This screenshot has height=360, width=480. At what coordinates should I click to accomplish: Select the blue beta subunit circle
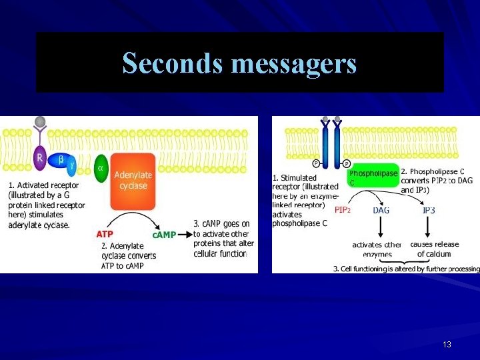click(x=61, y=160)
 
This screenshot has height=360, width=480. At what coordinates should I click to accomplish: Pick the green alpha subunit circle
click(x=101, y=167)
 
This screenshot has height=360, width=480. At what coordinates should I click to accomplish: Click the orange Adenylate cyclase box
click(x=133, y=180)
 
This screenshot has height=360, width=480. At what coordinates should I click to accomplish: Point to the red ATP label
click(x=105, y=235)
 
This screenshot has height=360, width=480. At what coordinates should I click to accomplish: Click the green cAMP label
click(x=164, y=235)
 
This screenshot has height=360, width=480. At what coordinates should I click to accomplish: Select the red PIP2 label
click(x=342, y=210)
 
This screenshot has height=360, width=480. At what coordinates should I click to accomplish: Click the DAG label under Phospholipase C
click(x=381, y=210)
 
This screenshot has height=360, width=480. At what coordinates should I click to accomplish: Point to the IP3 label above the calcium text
click(x=429, y=210)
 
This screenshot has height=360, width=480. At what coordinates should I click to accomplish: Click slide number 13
click(x=447, y=345)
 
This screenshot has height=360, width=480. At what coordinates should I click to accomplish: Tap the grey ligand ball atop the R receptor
click(x=41, y=121)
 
